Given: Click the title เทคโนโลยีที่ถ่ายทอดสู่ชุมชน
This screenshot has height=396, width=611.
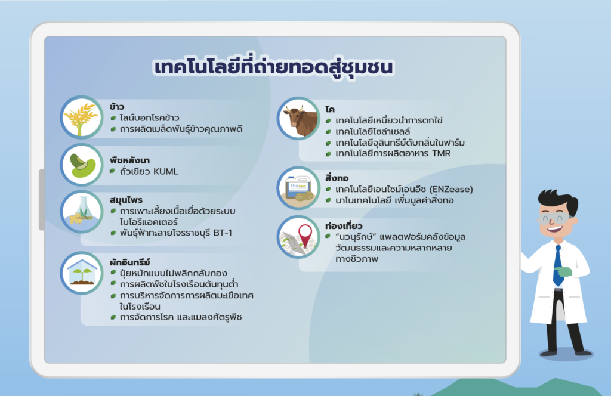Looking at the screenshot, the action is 273,67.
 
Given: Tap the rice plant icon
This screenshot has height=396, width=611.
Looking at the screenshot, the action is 81,117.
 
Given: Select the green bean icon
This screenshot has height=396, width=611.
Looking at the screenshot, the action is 81,165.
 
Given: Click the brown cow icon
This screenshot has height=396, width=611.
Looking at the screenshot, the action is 298,118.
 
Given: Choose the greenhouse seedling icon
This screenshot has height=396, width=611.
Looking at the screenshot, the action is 81,273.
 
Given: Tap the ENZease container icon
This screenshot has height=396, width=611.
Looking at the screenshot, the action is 298,188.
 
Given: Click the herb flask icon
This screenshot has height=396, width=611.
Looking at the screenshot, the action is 81,212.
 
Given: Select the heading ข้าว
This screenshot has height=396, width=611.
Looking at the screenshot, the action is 117,106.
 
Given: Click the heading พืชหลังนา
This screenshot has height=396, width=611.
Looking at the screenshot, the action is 129,160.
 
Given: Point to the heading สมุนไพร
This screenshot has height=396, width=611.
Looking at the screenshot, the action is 126,200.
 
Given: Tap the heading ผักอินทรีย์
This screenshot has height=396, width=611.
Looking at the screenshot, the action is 129,262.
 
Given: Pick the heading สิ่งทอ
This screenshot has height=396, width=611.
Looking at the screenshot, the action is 337,178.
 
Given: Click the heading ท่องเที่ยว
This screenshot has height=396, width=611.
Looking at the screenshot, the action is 344,226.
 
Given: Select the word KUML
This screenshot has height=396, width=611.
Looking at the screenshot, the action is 166,171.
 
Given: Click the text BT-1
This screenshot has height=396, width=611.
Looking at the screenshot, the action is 223,233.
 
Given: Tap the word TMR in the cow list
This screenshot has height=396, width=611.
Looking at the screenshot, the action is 441,153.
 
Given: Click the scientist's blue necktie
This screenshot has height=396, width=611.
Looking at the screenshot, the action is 558,266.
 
